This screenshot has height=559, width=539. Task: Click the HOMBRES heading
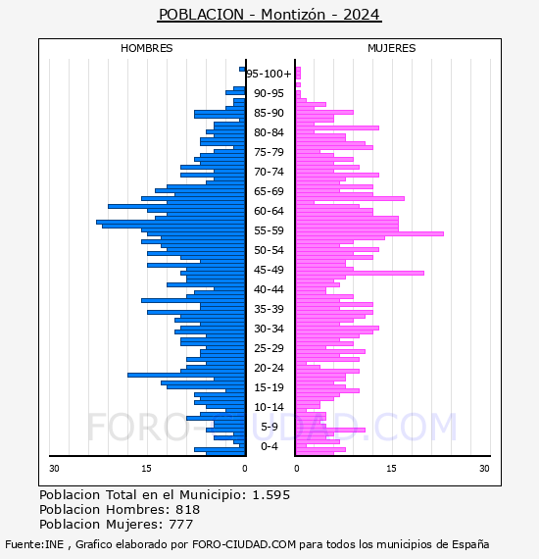click(146, 48)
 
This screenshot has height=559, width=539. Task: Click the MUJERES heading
click(392, 48)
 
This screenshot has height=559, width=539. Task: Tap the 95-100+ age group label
click(269, 74)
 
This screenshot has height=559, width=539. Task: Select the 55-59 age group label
click(269, 230)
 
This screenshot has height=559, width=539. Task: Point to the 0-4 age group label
click(269, 446)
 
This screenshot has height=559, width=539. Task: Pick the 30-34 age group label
click(269, 329)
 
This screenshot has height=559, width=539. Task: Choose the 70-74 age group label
click(269, 172)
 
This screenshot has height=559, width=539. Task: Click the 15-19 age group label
click(269, 387)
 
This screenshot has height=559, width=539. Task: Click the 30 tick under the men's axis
click(54, 469)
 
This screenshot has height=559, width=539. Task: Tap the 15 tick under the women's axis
click(391, 469)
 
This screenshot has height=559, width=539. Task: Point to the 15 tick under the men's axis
click(146, 469)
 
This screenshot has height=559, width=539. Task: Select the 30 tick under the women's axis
click(484, 469)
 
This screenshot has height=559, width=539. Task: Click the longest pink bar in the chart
click(369, 233)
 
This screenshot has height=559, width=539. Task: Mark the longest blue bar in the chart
click(171, 222)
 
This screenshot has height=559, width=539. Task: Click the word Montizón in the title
click(293, 15)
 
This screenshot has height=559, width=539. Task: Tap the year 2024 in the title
click(362, 15)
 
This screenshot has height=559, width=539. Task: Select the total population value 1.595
click(271, 495)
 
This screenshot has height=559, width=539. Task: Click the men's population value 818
click(188, 510)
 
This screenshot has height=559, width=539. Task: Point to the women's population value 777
click(181, 525)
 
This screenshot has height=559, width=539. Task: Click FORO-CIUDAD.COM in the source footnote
click(244, 544)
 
